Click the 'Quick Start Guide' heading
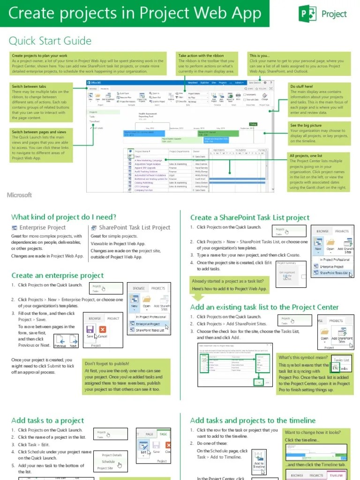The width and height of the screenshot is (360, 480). click(50, 41)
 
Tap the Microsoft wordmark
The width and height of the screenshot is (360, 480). click(19, 195)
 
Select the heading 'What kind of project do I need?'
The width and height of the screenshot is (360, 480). click(64, 217)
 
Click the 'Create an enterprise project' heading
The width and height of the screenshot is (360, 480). click(58, 275)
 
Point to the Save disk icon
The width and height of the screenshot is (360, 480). click(90, 330)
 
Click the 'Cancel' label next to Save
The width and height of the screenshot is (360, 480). click(103, 337)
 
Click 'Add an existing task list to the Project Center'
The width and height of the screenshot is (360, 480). click(264, 307)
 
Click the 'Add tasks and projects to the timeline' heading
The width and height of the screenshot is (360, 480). click(253, 420)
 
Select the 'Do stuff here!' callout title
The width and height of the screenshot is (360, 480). click(301, 86)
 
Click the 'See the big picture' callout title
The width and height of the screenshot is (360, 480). click(306, 125)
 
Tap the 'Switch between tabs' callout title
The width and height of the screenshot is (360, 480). click(29, 86)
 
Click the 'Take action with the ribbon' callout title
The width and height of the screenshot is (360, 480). click(201, 55)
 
